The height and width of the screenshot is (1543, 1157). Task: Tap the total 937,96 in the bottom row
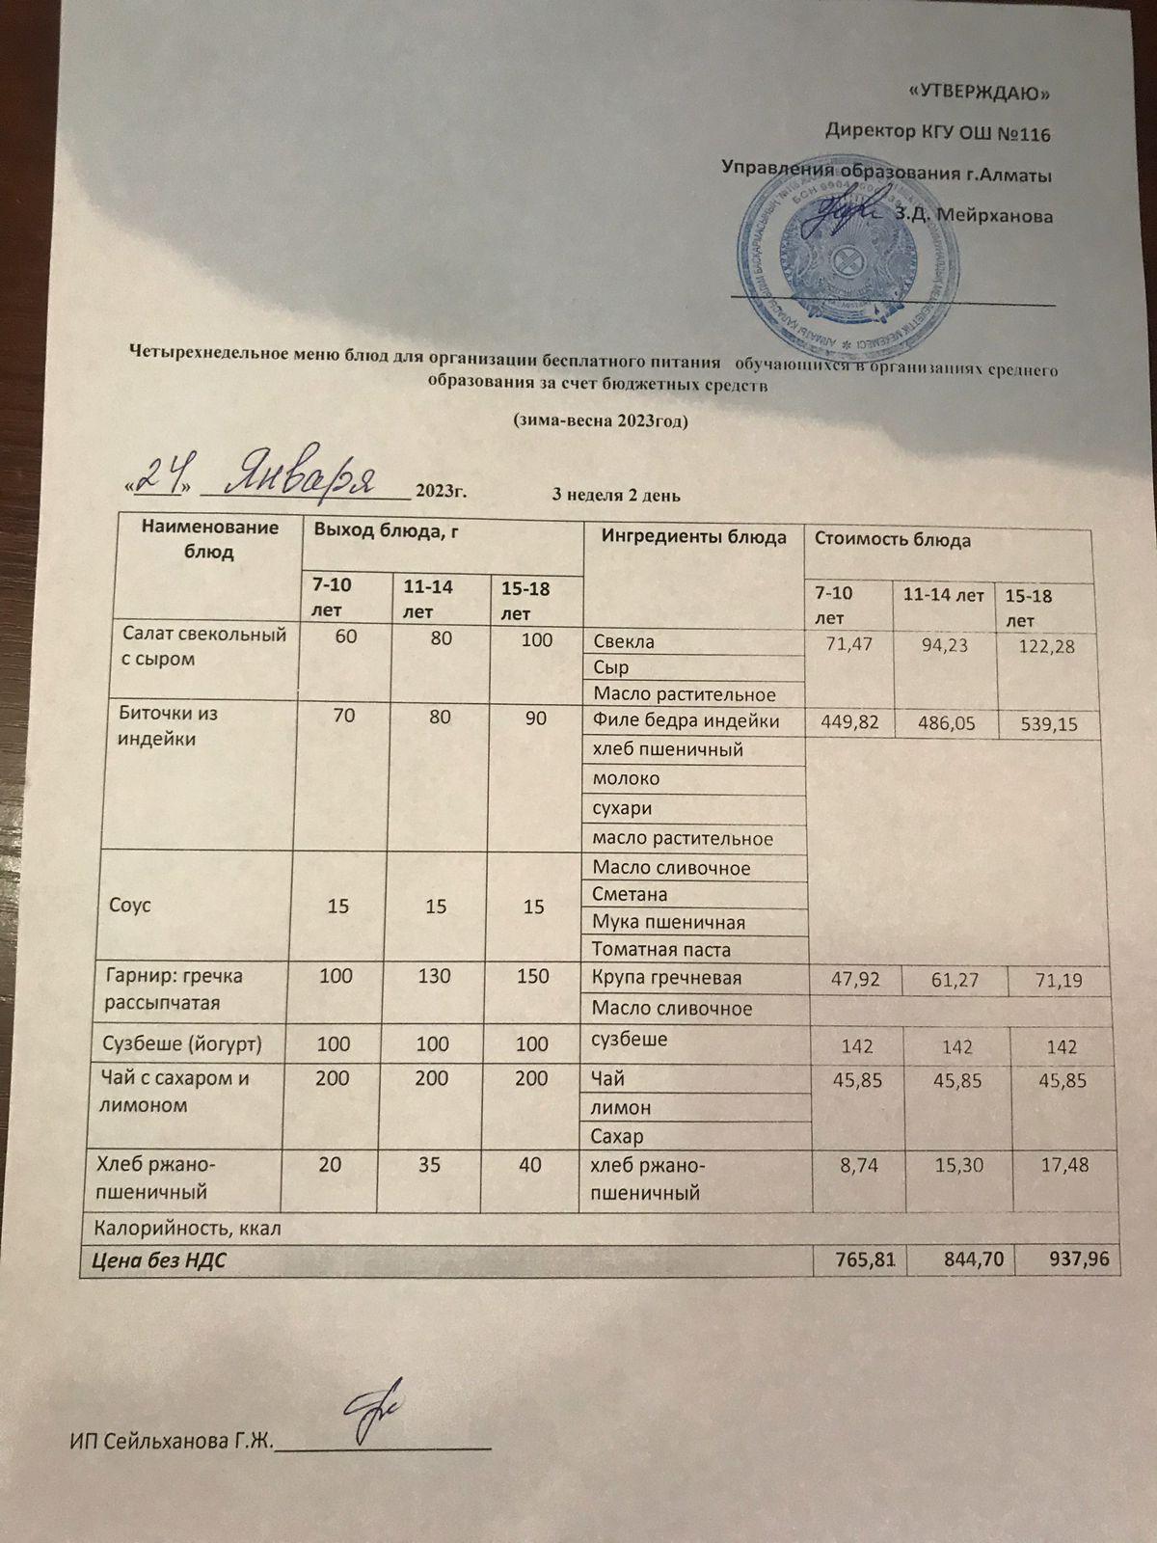1078,1259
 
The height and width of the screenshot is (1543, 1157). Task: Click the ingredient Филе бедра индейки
686,721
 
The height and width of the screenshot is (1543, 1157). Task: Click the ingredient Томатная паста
661,949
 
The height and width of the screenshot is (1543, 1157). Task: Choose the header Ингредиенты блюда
693,538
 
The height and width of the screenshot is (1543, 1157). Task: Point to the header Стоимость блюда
893,540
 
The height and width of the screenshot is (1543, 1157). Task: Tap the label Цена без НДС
159,1259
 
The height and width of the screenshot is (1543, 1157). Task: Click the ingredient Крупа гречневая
667,978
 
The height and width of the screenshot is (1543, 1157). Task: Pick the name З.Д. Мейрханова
974,216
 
